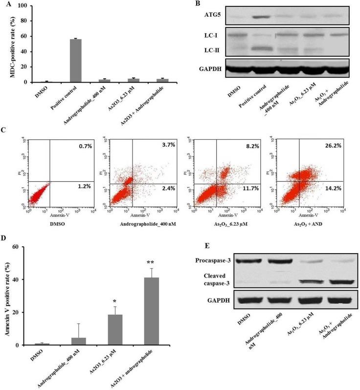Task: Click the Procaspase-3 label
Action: coord(207,261)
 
